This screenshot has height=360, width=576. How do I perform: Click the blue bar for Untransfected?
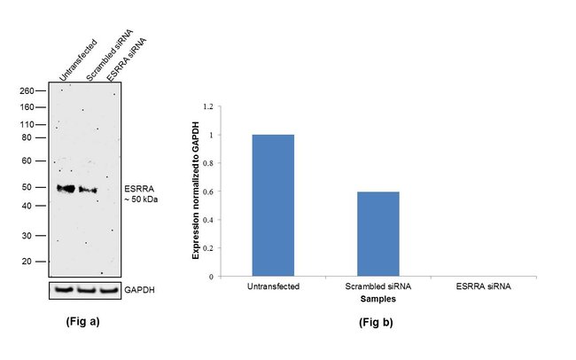[x=273, y=205]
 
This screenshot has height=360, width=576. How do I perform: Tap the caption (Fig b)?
[x=378, y=322]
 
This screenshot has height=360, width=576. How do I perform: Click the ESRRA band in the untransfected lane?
[x=66, y=188]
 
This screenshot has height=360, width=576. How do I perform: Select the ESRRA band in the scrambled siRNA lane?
[x=87, y=189]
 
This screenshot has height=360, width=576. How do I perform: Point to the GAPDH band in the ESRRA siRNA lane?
[x=108, y=289]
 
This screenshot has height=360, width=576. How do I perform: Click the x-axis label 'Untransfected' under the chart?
[x=273, y=287]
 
